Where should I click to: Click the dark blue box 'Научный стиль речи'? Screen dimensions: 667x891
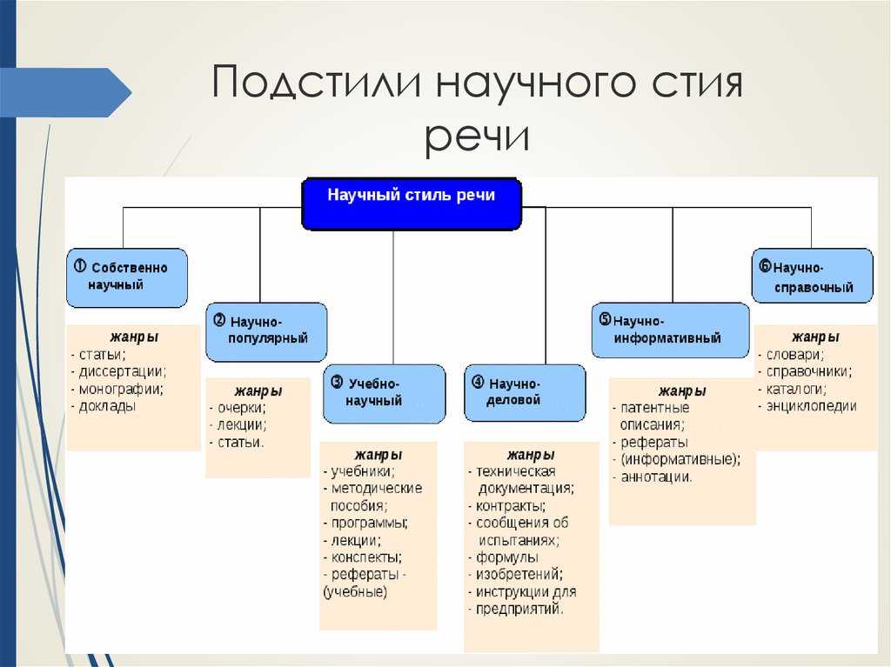pyautogui.click(x=411, y=203)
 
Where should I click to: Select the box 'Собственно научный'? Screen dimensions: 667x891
pyautogui.click(x=127, y=277)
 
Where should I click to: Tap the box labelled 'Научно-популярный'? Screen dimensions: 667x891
pyautogui.click(x=266, y=331)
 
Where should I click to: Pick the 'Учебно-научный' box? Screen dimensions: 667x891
pyautogui.click(x=384, y=393)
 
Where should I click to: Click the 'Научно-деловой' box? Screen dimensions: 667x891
pyautogui.click(x=525, y=392)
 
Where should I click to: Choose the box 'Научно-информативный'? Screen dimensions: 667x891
pyautogui.click(x=670, y=330)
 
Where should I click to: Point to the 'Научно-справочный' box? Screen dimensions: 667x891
pyautogui.click(x=812, y=276)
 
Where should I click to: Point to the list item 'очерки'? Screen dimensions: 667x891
pyautogui.click(x=241, y=408)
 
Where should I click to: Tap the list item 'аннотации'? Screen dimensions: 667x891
pyautogui.click(x=656, y=477)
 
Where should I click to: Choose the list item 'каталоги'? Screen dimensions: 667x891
pyautogui.click(x=795, y=389)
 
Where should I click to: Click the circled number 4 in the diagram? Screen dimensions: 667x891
pyautogui.click(x=478, y=382)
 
